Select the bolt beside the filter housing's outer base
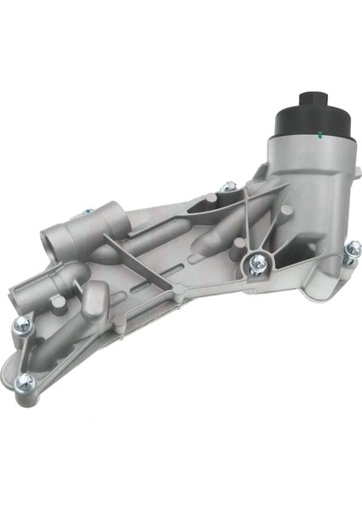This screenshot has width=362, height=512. tap(351, 250)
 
